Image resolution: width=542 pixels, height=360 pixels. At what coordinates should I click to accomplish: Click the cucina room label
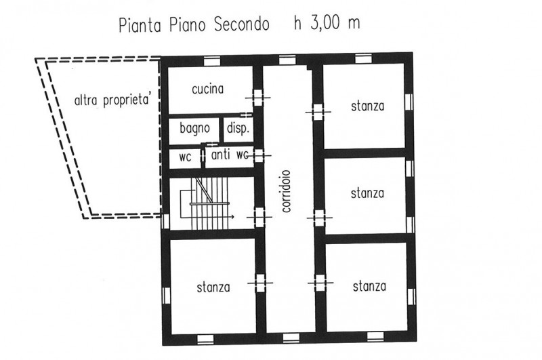[x=208, y=89]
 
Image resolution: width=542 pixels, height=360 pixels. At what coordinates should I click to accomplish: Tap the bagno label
[x=194, y=128]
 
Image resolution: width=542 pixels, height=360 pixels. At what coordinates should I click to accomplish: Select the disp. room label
[x=238, y=129]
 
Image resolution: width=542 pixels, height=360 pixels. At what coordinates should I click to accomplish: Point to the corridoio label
[x=287, y=191]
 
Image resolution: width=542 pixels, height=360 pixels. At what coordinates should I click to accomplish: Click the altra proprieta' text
[x=113, y=100]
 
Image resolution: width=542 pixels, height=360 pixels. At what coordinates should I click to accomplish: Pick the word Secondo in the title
[x=242, y=25]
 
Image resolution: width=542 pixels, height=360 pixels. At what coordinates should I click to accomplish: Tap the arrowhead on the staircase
[x=232, y=217]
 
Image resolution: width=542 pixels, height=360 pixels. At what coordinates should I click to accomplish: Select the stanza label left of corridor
[x=213, y=287]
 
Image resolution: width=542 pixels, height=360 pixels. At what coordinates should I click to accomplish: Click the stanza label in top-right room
[x=367, y=106]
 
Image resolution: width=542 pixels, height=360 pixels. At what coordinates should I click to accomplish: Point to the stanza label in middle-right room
[x=367, y=193]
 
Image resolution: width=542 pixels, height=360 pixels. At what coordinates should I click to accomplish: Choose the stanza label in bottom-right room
[x=369, y=286]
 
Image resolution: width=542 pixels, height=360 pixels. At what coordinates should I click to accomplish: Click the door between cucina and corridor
[x=258, y=98]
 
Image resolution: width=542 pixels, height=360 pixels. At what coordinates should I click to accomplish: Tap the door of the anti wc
[x=259, y=156]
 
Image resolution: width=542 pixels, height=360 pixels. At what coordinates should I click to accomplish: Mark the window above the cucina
[x=212, y=62]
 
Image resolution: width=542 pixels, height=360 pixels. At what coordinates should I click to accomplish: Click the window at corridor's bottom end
[x=291, y=338]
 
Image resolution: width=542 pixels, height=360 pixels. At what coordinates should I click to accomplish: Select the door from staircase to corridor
[x=259, y=217]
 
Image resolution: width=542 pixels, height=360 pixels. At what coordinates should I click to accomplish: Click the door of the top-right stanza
[x=318, y=112]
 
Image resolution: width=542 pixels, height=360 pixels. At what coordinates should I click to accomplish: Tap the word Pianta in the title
[x=140, y=26]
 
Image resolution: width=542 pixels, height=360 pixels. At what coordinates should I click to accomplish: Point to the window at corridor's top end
[x=287, y=61]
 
